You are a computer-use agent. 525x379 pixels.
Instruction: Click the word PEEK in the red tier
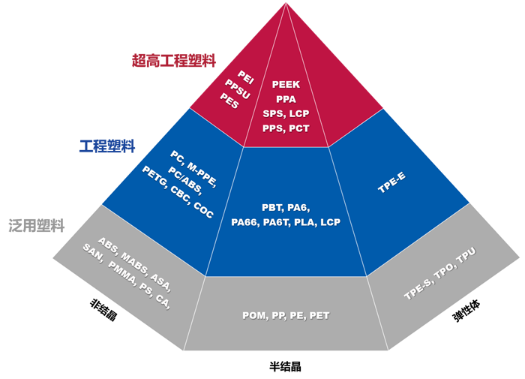[x=286, y=85]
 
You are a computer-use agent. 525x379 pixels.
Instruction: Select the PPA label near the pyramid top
[x=286, y=99]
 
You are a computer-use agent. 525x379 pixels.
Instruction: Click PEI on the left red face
[x=246, y=76]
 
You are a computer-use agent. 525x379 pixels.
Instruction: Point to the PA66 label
[x=244, y=222]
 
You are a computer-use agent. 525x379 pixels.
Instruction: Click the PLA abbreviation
[x=305, y=222]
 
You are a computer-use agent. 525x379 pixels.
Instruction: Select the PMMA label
[x=122, y=284]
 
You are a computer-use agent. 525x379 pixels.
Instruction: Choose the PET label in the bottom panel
[x=319, y=316]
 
